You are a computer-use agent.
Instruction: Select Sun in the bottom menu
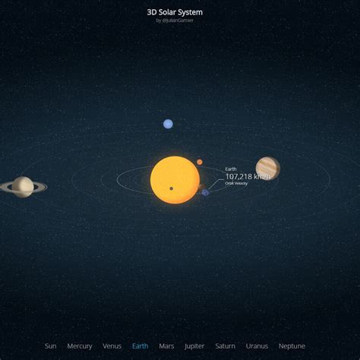pos(50,346)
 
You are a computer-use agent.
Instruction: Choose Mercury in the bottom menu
pos(80,346)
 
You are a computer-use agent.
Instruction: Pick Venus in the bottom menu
pos(112,346)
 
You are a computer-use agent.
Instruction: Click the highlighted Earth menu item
pos(140,346)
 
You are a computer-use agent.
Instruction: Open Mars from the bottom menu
pos(166,346)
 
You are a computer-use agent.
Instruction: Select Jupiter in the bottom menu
pos(194,346)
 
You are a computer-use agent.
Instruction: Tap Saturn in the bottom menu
pos(225,346)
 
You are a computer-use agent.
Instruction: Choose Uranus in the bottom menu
pos(257,346)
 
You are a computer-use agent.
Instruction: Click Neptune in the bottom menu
pos(292,346)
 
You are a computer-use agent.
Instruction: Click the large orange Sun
pos(175,180)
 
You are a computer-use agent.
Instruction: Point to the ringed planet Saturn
pos(23,186)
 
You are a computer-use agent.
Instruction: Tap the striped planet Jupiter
pos(267,168)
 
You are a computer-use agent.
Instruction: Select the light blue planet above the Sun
pos(168,124)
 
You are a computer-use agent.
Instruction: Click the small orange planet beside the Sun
pos(200,162)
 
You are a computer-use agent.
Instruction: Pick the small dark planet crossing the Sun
pos(172,188)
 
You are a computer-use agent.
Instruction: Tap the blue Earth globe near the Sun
pos(205,192)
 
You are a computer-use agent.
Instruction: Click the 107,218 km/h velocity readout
pos(248,176)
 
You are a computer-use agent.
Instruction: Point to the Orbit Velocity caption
pos(236,183)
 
